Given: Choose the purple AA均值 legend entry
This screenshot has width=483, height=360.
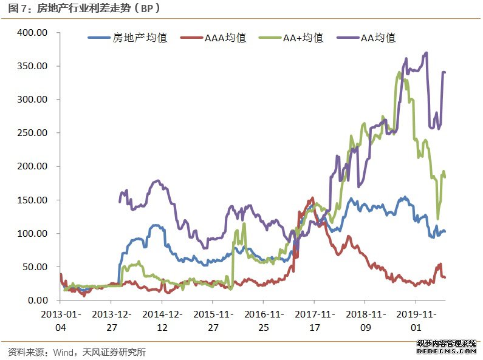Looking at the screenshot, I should click(378, 38).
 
